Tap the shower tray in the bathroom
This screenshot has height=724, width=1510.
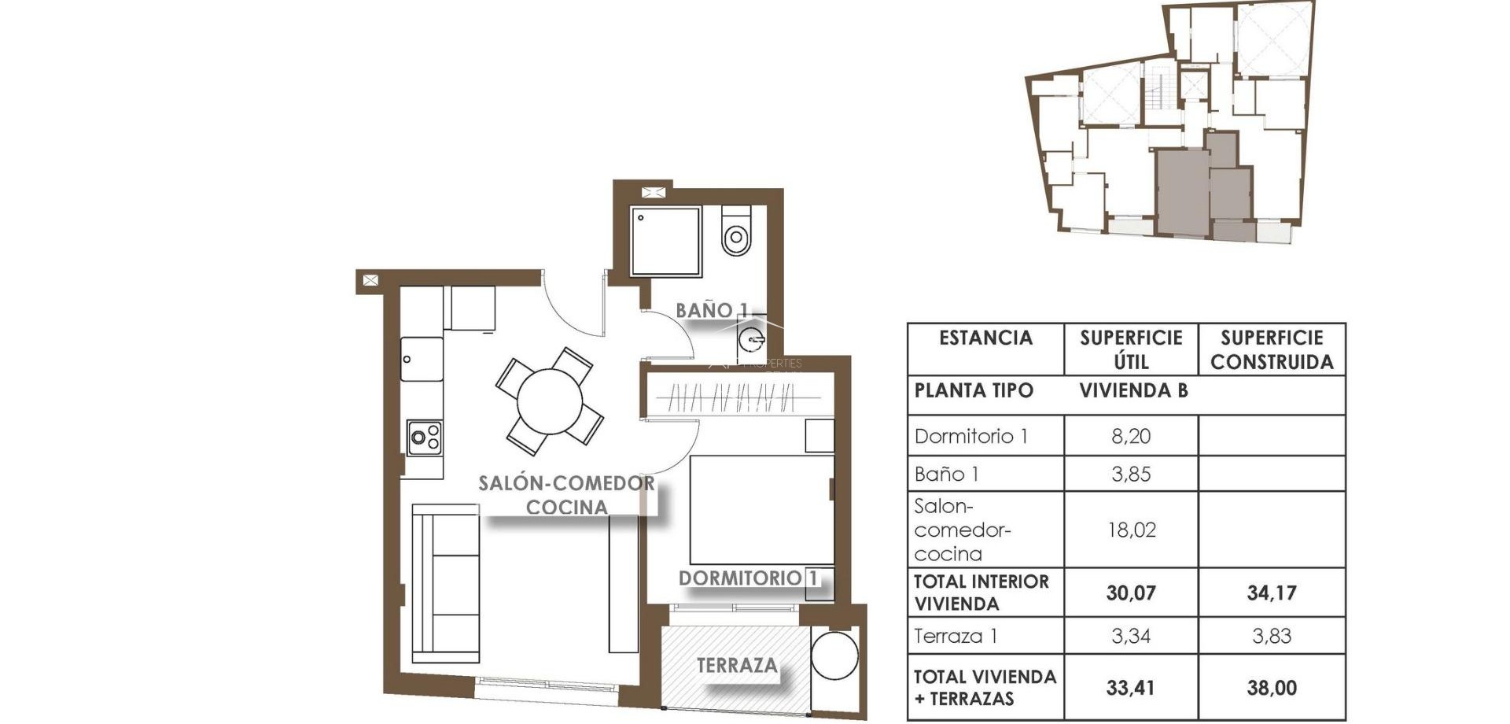pyautogui.click(x=665, y=241)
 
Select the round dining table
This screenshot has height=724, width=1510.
pyautogui.click(x=550, y=401)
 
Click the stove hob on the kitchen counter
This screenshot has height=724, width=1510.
pyautogui.click(x=425, y=438)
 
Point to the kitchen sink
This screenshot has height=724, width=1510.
pyautogui.click(x=422, y=359)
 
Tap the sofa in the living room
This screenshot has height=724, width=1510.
pyautogui.click(x=445, y=583)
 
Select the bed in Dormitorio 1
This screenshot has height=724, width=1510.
pyautogui.click(x=761, y=509)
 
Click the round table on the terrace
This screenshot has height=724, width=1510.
pyautogui.click(x=834, y=656)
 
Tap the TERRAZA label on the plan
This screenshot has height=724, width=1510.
pyautogui.click(x=737, y=666)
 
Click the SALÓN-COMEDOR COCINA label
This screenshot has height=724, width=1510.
pyautogui.click(x=566, y=495)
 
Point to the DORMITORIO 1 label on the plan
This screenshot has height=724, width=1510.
pyautogui.click(x=748, y=578)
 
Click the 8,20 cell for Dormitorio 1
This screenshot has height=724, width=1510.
pyautogui.click(x=1130, y=436)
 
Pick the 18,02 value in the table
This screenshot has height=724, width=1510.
pyautogui.click(x=1130, y=530)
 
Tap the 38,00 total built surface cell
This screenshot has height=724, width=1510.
pyautogui.click(x=1271, y=688)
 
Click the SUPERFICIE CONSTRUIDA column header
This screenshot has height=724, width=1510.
pyautogui.click(x=1271, y=349)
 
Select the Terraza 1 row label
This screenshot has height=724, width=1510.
pyautogui.click(x=956, y=636)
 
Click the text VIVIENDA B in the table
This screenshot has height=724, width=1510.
pyautogui.click(x=1132, y=390)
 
